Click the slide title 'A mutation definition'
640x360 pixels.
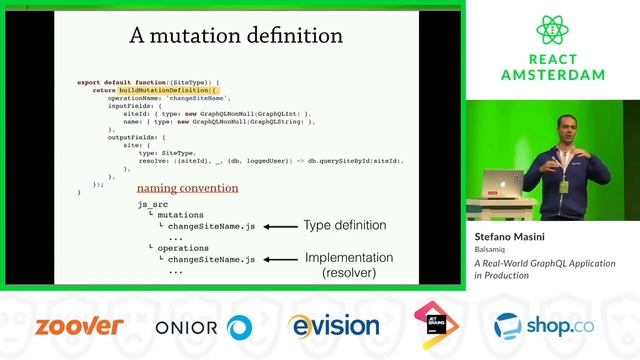pyautogui.click(x=236, y=36)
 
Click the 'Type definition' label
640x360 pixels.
pyautogui.click(x=344, y=226)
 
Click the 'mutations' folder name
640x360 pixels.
pyautogui.click(x=180, y=214)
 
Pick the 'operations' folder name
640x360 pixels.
pyautogui.click(x=183, y=247)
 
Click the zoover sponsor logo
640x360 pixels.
pyautogui.click(x=79, y=326)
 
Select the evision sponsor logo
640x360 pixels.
pyautogui.click(x=328, y=326)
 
